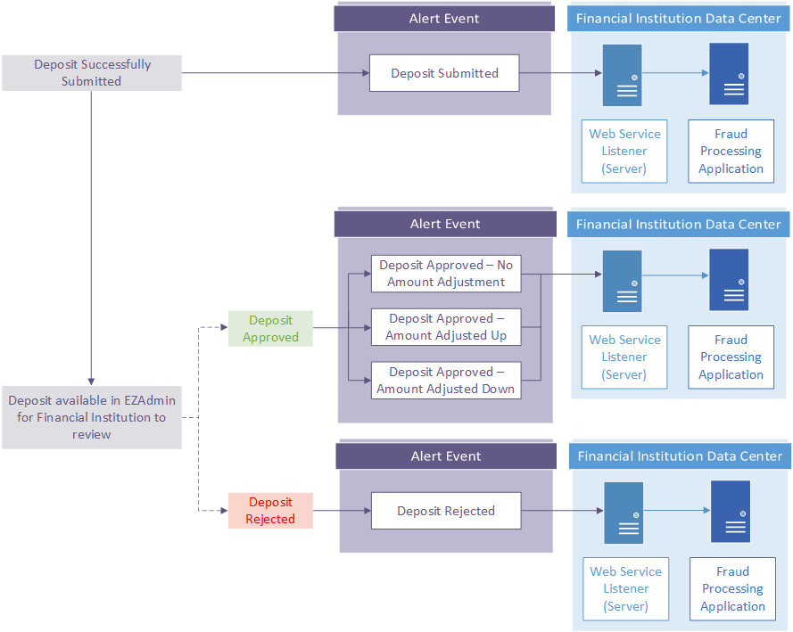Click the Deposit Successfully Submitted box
point(92,73)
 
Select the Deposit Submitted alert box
point(444,73)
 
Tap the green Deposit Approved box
point(270,328)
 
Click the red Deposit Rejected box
point(270,510)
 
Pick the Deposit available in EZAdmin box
point(92,417)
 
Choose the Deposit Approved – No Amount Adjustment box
point(446,274)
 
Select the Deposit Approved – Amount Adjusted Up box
point(446,327)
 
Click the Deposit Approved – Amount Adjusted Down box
point(446,381)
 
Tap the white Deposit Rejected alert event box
point(446,511)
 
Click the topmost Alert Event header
point(444,19)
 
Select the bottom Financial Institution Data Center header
point(680,456)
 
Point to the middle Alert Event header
point(445,224)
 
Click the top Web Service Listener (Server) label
point(624,151)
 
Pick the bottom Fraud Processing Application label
point(733,588)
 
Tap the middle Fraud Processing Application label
point(731,357)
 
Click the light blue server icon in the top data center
point(622,75)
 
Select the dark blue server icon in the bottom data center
point(731,512)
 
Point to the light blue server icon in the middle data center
point(622,282)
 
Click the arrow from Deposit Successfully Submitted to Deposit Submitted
point(276,73)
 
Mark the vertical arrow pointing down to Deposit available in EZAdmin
point(91,238)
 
